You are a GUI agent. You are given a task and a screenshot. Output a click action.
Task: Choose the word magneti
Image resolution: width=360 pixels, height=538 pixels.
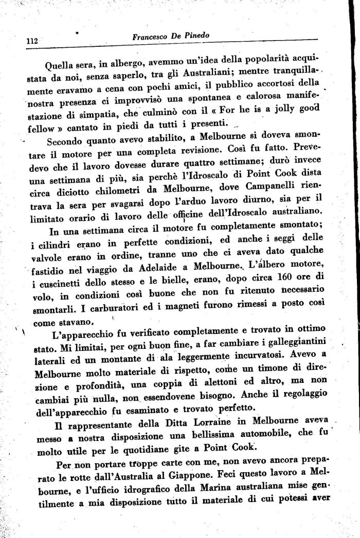click(x=174, y=305)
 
